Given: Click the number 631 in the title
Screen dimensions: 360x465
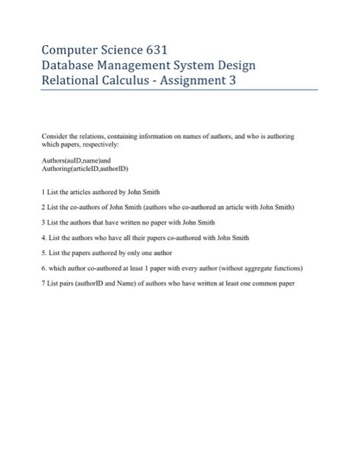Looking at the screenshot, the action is [154, 50].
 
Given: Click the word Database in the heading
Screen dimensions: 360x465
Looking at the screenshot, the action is [70, 66].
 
